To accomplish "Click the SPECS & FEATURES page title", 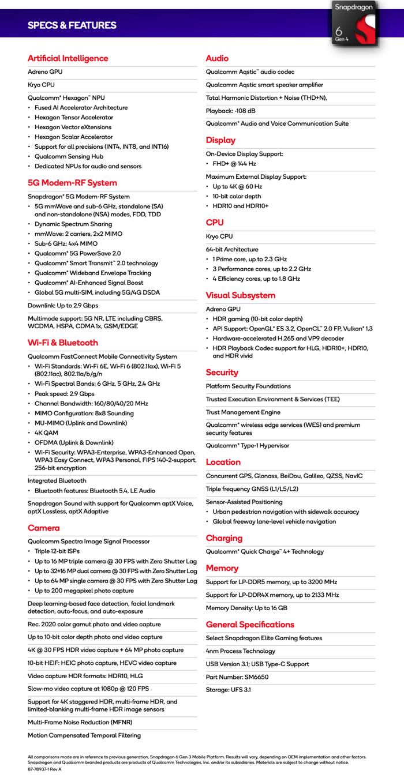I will coord(72,25).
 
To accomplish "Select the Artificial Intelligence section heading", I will coord(68,58).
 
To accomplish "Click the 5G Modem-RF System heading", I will coord(72,183).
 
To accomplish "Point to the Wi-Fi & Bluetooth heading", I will coord(63,343).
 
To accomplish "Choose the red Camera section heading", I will coord(43,528).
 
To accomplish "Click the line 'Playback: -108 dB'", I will coord(231,111).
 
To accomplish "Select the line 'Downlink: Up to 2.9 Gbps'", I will coord(63,306).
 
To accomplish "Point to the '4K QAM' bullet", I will coord(47,433).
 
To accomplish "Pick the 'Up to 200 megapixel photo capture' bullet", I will coord(84,591).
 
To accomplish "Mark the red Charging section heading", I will coord(224,538).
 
